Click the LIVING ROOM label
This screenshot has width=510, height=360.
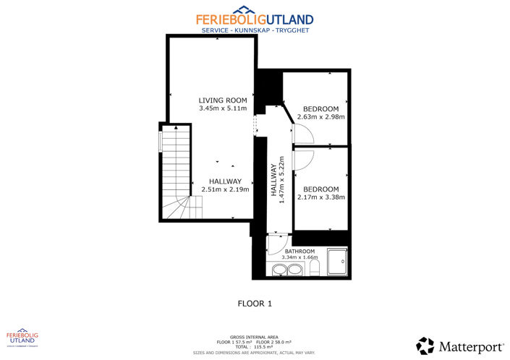tap(223, 100)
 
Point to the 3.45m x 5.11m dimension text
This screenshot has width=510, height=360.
tap(223, 108)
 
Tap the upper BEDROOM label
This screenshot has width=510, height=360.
tap(320, 108)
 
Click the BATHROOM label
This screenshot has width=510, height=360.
tap(299, 251)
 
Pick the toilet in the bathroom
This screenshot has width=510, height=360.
tap(313, 270)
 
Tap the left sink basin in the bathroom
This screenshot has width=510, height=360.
tap(279, 271)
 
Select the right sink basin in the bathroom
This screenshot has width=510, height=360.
tap(294, 271)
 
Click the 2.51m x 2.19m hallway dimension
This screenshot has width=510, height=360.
tap(225, 189)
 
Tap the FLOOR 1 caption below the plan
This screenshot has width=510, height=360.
tap(255, 304)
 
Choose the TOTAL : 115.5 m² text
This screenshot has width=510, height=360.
tap(255, 346)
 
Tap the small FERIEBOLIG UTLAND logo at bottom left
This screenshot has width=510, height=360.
tap(22, 339)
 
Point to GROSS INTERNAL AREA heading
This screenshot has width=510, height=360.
tap(255, 337)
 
